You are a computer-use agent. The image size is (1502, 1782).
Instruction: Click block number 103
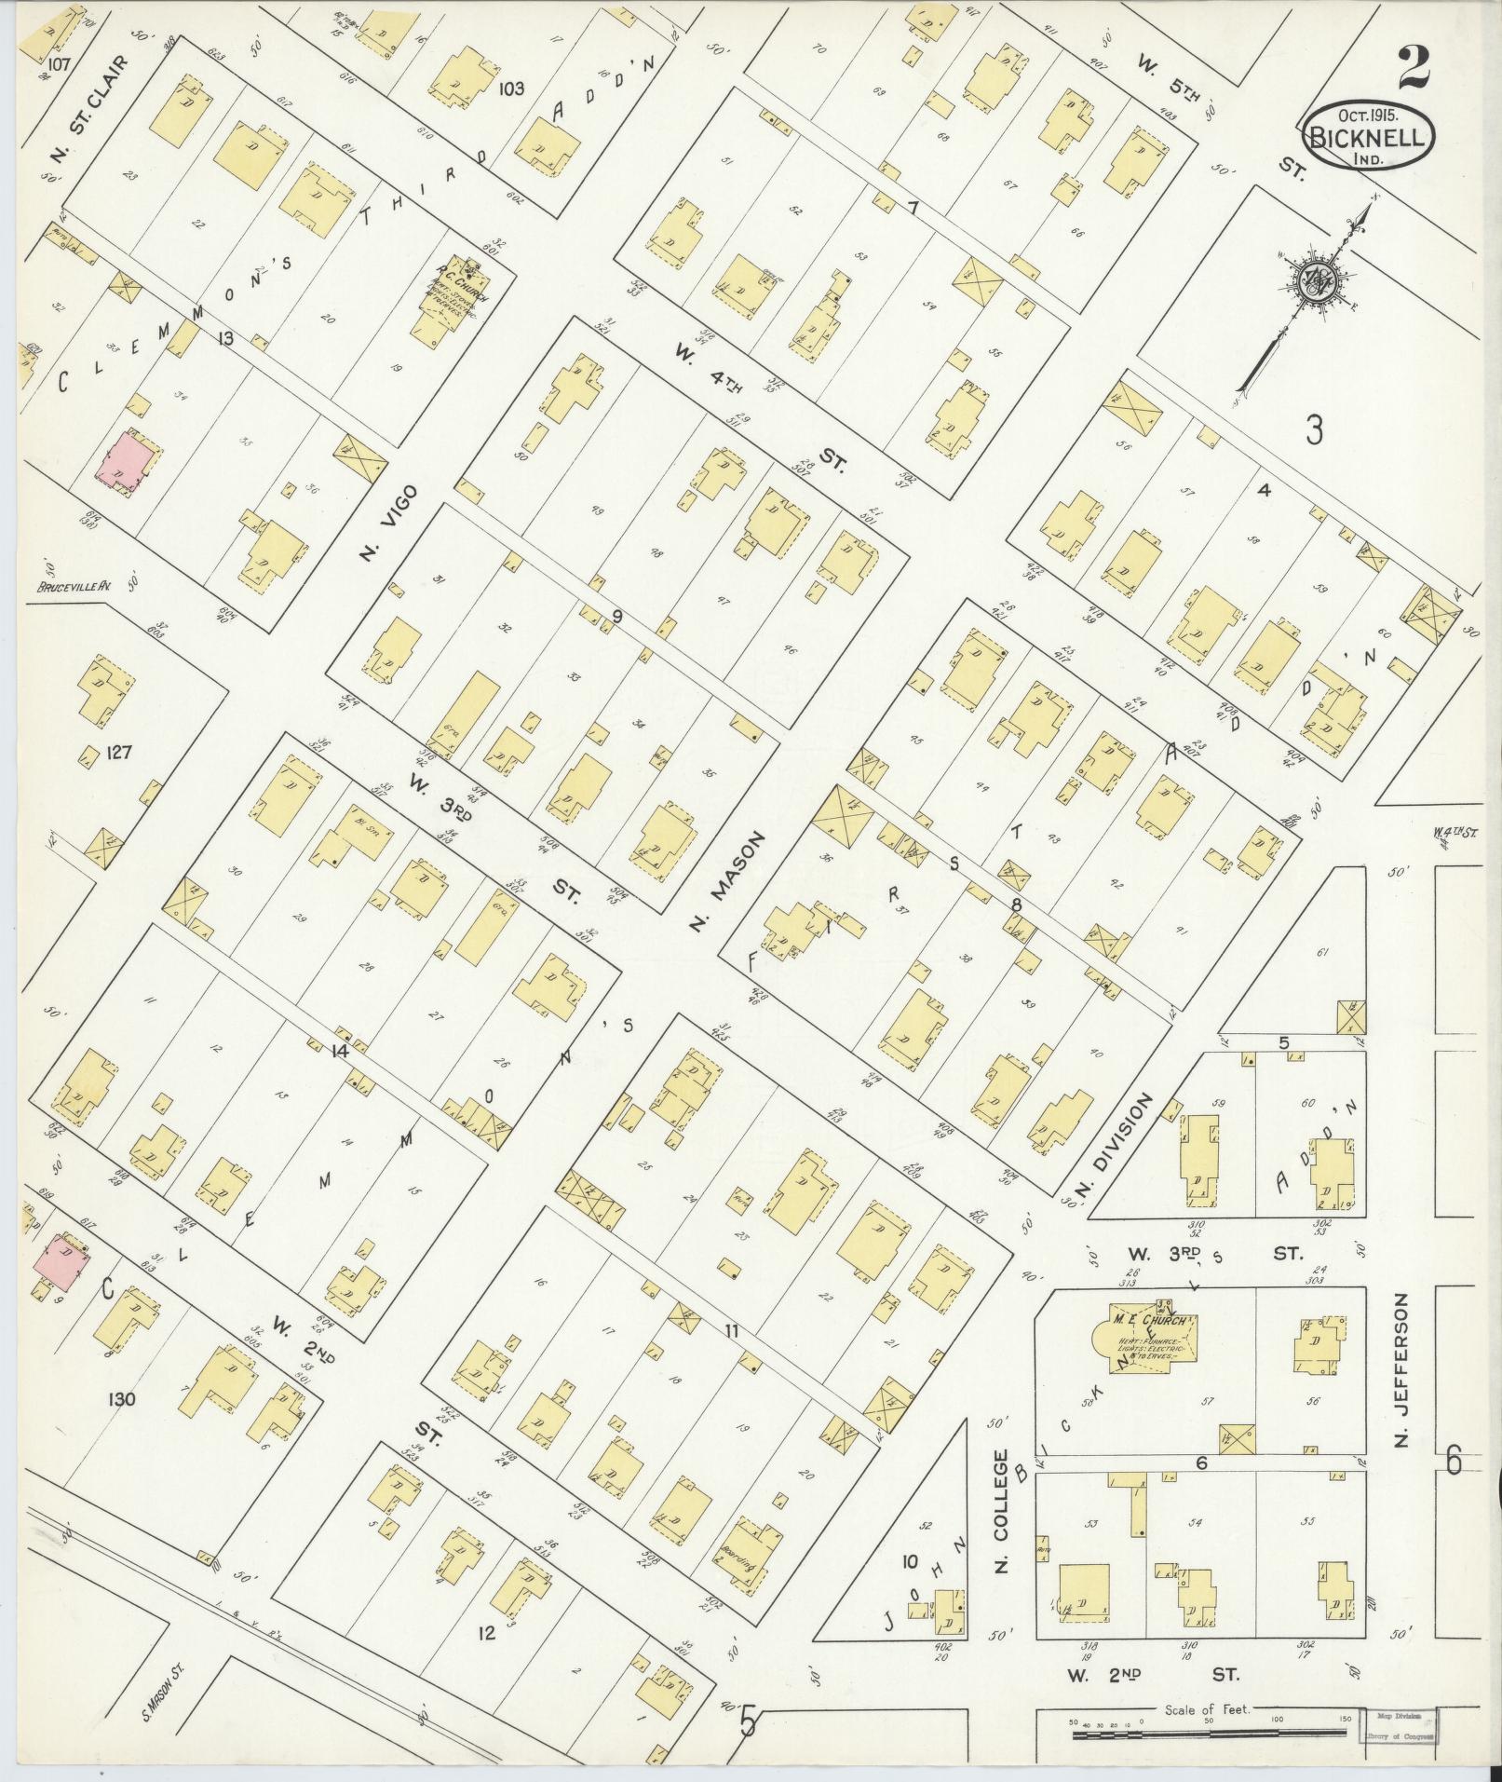click(x=510, y=89)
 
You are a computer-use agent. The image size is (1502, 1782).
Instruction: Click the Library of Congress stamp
click(x=1402, y=1727)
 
